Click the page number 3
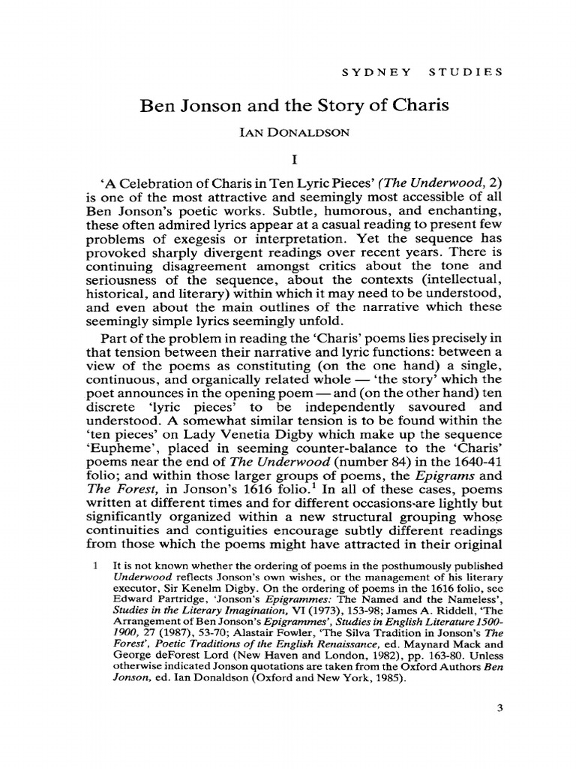pyautogui.click(x=497, y=707)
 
